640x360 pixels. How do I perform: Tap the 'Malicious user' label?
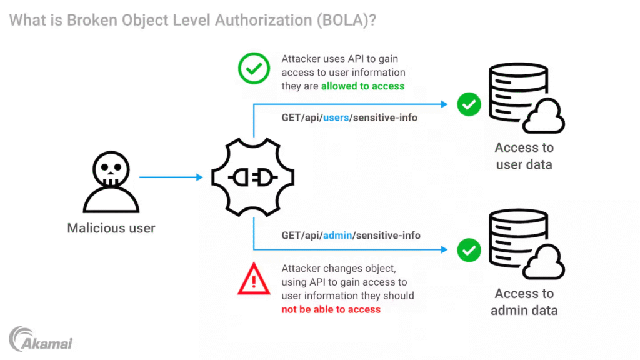point(111,228)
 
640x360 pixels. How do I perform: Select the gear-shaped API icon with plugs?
point(253,177)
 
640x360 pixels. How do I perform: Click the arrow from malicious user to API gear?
point(171,177)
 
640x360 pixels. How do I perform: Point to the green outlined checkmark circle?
point(254,68)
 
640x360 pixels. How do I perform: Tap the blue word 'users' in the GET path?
point(336,117)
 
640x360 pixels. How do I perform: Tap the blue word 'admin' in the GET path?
point(337,236)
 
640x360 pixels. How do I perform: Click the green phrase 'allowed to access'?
point(363,86)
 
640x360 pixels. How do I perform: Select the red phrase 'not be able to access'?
point(331,309)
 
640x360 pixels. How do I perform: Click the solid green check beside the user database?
point(469,104)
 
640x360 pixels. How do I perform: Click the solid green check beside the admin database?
point(469,250)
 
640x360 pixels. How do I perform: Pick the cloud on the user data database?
point(544,116)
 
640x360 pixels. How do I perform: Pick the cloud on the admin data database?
point(544,262)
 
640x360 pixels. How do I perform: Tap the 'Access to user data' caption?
point(524,156)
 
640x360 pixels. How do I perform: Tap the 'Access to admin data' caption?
point(524,302)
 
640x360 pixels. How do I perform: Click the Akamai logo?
point(41,339)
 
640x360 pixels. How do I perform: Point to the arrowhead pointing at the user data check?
point(444,104)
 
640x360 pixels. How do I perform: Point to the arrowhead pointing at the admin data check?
point(444,249)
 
